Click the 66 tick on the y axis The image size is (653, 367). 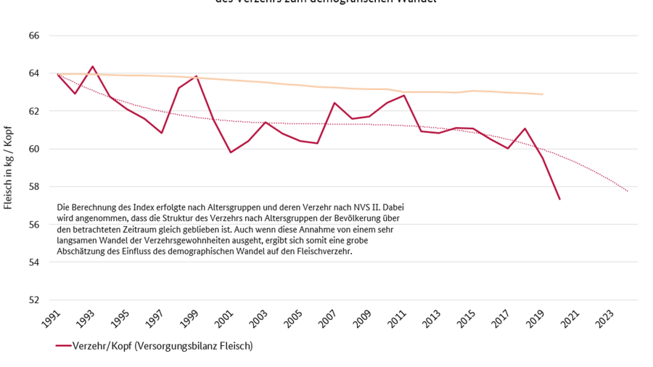point(34,36)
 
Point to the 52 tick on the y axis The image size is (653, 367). point(34,300)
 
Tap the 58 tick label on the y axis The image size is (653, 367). point(34,186)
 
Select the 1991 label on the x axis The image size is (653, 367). point(53,318)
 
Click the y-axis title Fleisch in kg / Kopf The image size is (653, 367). point(9,168)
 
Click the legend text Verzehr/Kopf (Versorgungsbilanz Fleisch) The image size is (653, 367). point(163,347)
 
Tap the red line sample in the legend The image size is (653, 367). point(63,347)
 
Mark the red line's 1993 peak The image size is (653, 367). point(92,67)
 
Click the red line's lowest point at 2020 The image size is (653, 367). point(559,199)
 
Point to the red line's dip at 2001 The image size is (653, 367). point(231,152)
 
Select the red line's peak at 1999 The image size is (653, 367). point(196,76)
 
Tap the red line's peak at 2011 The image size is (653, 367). point(404,95)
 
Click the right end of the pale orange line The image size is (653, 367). point(543,94)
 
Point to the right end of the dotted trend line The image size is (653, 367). point(628,191)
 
